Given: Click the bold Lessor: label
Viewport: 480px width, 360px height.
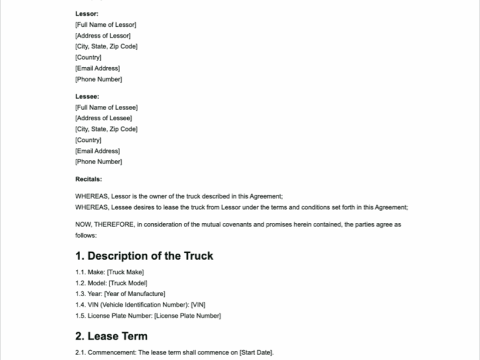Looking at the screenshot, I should point(87,14).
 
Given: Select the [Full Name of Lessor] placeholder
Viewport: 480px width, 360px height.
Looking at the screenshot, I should point(106,25).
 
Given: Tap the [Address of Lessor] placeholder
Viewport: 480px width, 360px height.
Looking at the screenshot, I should point(103,35).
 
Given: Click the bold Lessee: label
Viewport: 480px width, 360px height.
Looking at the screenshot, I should point(87,97).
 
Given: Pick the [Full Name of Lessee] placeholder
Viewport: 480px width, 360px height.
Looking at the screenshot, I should point(106,107).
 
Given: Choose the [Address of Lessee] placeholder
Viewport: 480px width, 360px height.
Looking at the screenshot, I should point(104,118).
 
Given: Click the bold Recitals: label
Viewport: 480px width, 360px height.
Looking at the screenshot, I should point(88,178).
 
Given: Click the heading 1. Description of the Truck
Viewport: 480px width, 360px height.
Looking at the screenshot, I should point(144,256).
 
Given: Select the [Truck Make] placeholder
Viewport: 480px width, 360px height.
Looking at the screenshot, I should point(127,272).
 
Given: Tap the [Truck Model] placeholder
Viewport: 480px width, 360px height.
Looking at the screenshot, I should point(128,283).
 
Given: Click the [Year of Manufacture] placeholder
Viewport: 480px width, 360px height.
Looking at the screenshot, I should point(137,294).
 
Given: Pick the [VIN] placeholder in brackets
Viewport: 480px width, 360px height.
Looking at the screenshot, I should point(198,305).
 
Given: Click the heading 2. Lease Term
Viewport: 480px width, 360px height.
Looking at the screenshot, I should point(111,336).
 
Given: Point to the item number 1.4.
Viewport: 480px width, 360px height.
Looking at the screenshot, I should point(80,305).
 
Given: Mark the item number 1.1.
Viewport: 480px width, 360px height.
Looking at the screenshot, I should point(80,272).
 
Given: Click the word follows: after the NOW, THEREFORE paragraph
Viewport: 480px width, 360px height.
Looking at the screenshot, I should point(85,236).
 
